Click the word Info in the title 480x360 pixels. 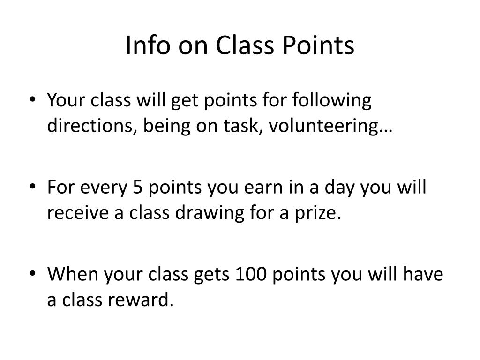[148, 45]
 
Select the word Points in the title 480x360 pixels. [318, 45]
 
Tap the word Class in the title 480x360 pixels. [244, 45]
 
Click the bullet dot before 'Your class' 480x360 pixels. [33, 100]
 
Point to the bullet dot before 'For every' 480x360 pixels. [33, 187]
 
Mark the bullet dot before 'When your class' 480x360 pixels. [33, 273]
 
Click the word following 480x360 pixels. [332, 101]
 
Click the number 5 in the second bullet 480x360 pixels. [138, 187]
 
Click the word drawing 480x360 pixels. [210, 213]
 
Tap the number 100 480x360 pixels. [251, 274]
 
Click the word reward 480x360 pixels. [138, 299]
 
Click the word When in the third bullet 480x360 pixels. [73, 273]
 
